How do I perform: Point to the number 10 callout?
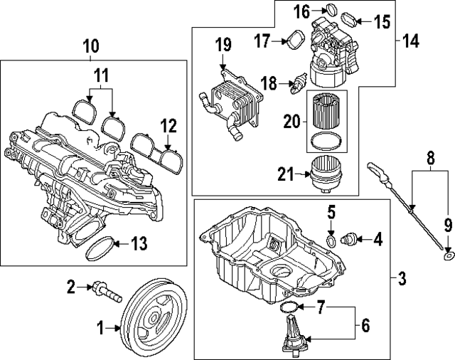pos(90,48)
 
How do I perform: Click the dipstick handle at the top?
pos(374,168)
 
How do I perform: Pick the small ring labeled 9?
pos(447,253)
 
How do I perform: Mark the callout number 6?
pos(365,327)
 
